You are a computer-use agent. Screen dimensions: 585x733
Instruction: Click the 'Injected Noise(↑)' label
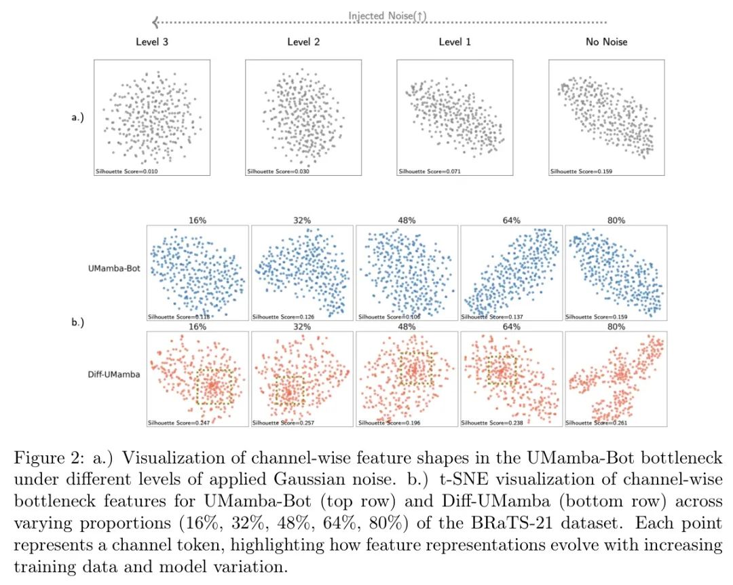388,16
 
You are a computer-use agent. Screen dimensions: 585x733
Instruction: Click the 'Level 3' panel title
152,42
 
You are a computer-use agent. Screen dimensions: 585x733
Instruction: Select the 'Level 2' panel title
303,42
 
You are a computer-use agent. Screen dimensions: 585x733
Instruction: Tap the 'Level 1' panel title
455,42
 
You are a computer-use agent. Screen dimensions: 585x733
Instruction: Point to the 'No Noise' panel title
607,42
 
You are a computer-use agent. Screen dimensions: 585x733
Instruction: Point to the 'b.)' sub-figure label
77,322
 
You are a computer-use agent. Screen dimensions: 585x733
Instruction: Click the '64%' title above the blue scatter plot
512,221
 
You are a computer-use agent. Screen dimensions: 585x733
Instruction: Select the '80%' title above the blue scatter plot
616,221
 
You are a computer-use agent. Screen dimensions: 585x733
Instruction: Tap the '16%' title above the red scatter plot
198,326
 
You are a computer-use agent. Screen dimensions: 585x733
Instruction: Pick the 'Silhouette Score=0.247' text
178,423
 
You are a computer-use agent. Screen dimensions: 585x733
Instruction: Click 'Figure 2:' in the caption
44,459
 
